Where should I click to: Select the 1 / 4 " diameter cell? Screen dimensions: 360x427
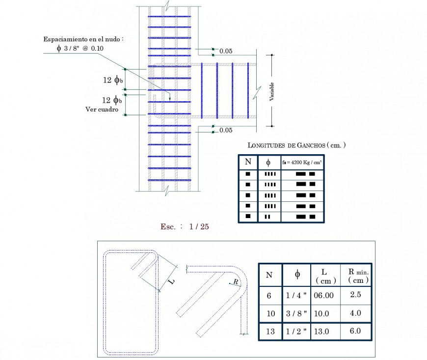pyautogui.click(x=297, y=295)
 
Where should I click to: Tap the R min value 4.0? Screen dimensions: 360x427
pyautogui.click(x=355, y=313)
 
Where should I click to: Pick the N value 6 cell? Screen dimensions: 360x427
pyautogui.click(x=269, y=295)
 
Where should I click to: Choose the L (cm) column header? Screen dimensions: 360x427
pyautogui.click(x=324, y=275)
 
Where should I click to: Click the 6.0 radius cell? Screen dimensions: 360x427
pyautogui.click(x=355, y=331)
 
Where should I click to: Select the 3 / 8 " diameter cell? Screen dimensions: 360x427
pyautogui.click(x=297, y=313)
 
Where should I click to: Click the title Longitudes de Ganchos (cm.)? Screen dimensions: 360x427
pyautogui.click(x=296, y=145)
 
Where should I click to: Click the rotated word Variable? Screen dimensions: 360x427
pyautogui.click(x=271, y=92)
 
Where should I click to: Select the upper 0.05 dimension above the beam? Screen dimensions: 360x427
pyautogui.click(x=226, y=51)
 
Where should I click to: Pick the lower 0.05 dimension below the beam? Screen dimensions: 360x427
pyautogui.click(x=226, y=130)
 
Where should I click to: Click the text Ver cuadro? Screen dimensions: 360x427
pyautogui.click(x=102, y=110)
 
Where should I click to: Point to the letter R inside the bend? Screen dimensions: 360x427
pyautogui.click(x=236, y=281)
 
